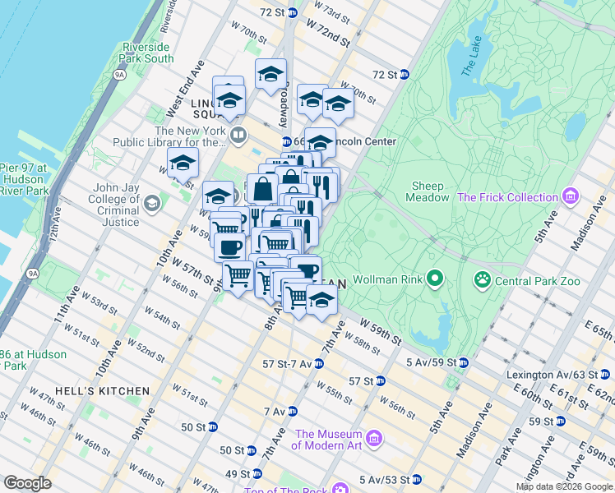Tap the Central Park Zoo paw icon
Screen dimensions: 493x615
pos(481,281)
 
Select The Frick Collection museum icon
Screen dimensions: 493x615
pos(570,197)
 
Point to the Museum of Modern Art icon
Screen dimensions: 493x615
pos(375,440)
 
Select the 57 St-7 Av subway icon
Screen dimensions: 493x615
pos(318,363)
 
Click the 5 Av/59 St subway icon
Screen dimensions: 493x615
pos(464,362)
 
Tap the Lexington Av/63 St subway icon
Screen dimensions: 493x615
pos(603,375)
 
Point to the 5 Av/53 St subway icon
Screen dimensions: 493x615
pos(416,479)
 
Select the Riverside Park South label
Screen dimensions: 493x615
pos(147,53)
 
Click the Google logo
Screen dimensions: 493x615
pos(28,483)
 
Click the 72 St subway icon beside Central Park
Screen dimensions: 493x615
pos(405,75)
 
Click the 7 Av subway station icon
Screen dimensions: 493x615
pos(291,411)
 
